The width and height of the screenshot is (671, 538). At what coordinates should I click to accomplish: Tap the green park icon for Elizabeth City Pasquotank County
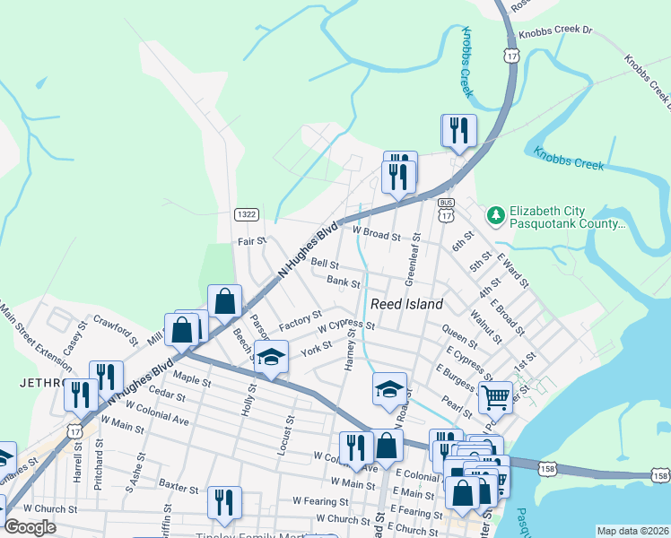coord(494,216)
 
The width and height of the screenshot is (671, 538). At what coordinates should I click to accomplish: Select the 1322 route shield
coord(248,214)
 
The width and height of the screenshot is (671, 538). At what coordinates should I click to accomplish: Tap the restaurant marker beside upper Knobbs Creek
coord(458,130)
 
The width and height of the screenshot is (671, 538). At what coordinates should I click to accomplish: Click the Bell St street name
coord(324,265)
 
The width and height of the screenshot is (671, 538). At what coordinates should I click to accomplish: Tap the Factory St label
coord(300,318)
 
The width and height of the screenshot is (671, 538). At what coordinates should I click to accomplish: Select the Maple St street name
coord(192,379)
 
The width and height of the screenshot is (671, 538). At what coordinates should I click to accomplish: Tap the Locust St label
coord(289,433)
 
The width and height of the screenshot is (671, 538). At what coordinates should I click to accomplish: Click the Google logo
coord(30,527)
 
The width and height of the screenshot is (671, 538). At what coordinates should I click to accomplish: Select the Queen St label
coord(460,338)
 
